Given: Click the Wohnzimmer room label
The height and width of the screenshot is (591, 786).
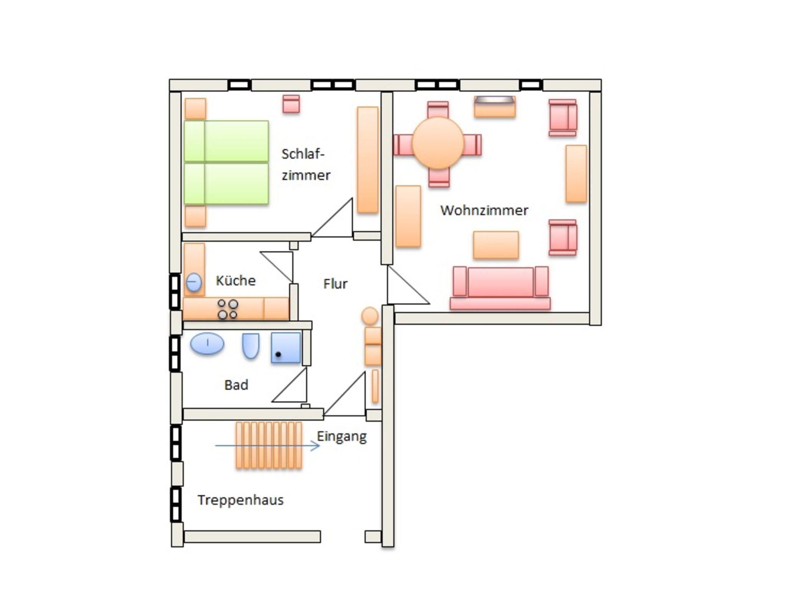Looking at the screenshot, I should click(x=484, y=210).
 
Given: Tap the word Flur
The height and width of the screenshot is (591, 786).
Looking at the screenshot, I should click(x=335, y=284).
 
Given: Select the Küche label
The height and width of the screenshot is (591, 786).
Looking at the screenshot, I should click(x=236, y=281).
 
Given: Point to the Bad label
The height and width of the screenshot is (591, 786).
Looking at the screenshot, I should click(x=236, y=385).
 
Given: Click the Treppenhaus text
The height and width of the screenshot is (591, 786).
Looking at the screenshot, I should click(x=241, y=500).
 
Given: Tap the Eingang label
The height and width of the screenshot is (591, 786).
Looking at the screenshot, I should click(x=342, y=437).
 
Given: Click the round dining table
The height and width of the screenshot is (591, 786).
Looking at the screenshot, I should click(x=438, y=143).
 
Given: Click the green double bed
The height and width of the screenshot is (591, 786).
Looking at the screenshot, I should click(x=226, y=162).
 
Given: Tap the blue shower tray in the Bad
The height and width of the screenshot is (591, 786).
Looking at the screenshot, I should click(x=286, y=348).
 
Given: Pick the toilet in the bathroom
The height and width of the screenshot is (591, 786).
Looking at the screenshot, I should click(x=251, y=345).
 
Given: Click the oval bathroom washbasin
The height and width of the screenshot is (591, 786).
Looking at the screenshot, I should click(x=207, y=343).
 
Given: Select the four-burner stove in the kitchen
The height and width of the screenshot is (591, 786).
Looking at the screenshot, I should click(x=228, y=309).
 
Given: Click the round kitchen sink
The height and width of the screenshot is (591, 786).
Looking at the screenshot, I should click(x=193, y=282).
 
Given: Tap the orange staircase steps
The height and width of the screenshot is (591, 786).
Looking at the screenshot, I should click(x=269, y=445).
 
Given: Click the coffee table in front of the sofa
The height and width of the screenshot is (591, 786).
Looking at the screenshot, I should click(x=496, y=245).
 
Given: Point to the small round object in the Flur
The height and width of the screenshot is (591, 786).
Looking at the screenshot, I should click(x=370, y=316).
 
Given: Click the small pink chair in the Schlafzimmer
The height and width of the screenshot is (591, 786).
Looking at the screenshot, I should click(x=291, y=104).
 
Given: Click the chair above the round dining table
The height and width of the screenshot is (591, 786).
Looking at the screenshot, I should click(x=438, y=109).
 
